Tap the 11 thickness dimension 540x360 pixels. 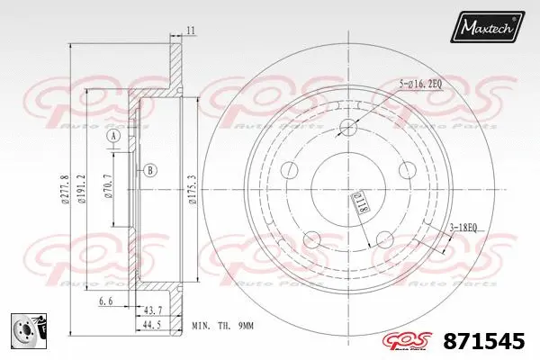(191, 31)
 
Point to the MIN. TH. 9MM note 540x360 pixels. (221, 325)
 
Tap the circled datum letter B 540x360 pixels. (150, 170)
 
